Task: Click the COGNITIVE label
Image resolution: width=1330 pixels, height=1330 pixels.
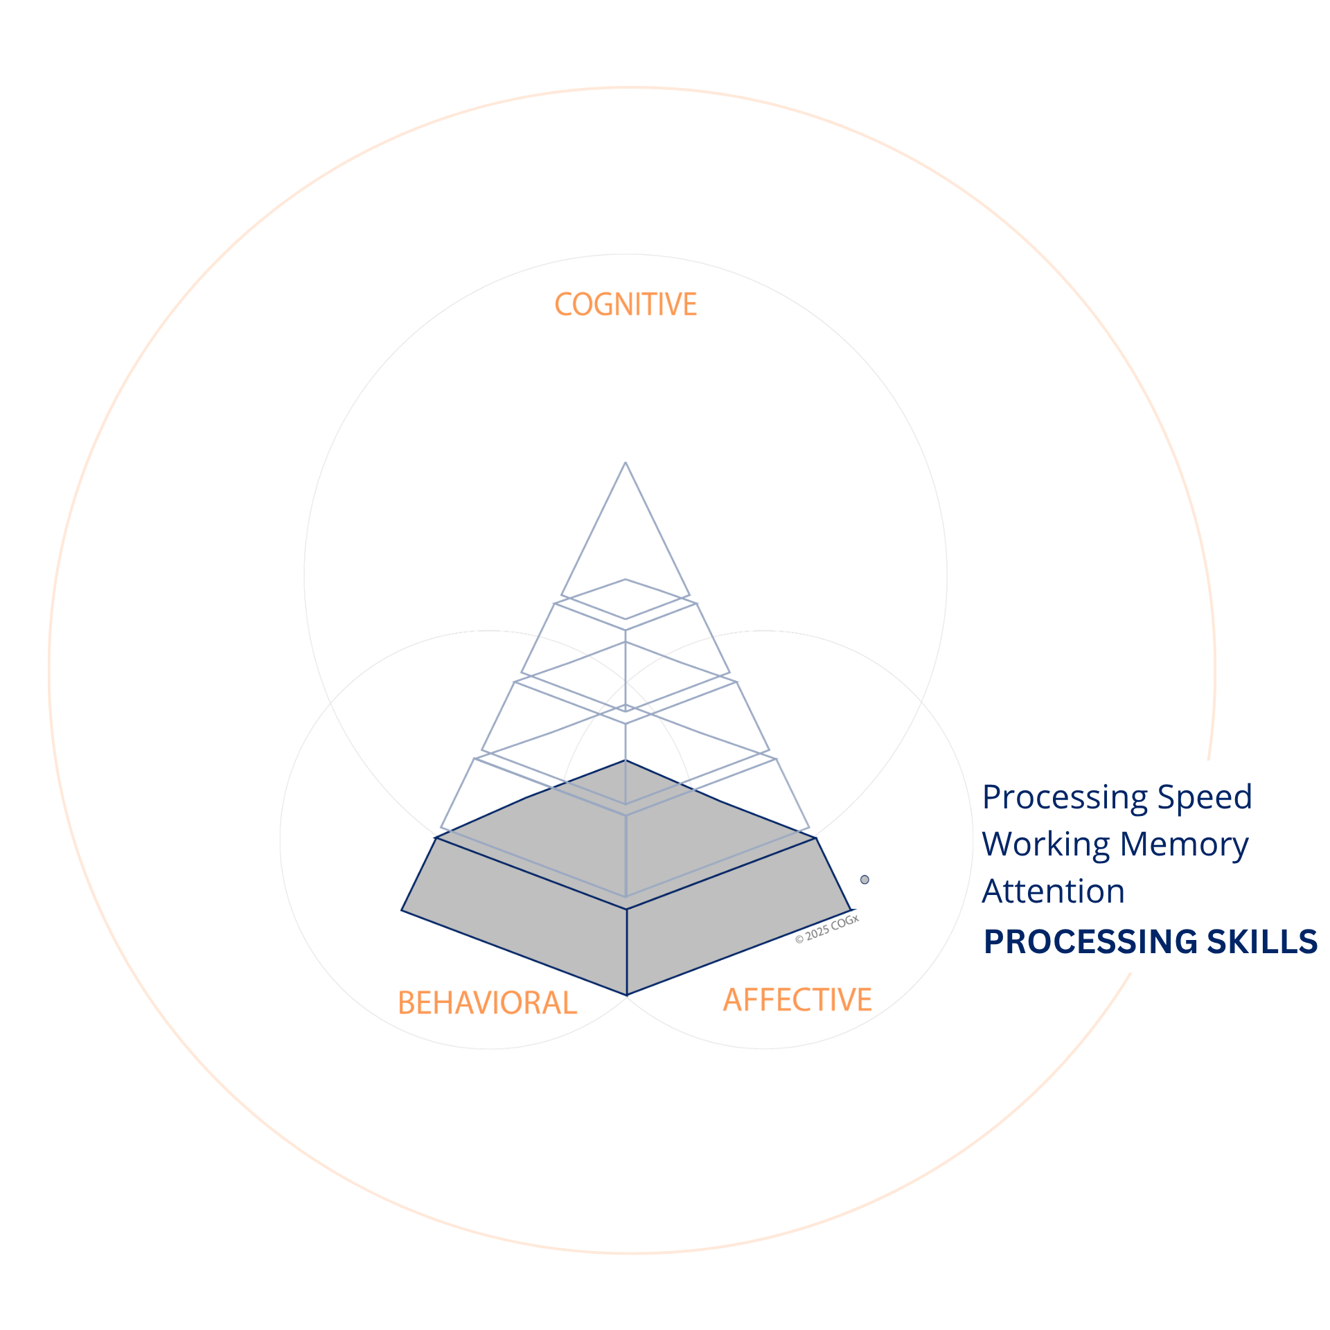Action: pyautogui.click(x=626, y=305)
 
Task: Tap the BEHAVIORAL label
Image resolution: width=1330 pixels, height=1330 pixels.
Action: pyautogui.click(x=487, y=1003)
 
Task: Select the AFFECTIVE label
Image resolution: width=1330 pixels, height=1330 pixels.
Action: pyautogui.click(x=797, y=1000)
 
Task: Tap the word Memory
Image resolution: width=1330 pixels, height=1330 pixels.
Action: pyautogui.click(x=1185, y=845)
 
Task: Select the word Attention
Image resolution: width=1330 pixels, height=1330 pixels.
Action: pyautogui.click(x=1053, y=891)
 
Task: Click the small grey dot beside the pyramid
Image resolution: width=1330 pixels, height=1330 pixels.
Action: pyautogui.click(x=864, y=880)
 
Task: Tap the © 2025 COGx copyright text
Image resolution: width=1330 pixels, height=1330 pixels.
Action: pyautogui.click(x=827, y=929)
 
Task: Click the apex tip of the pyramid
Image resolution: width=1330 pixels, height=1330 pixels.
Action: pyautogui.click(x=626, y=462)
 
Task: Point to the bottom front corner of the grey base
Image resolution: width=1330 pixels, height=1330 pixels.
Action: pyautogui.click(x=627, y=995)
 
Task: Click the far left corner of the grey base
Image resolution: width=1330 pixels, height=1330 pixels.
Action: pyautogui.click(x=402, y=910)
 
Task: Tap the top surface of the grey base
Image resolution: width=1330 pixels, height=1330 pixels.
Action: pyautogui.click(x=626, y=835)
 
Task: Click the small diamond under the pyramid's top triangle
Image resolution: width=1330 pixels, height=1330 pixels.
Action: pyautogui.click(x=626, y=599)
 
